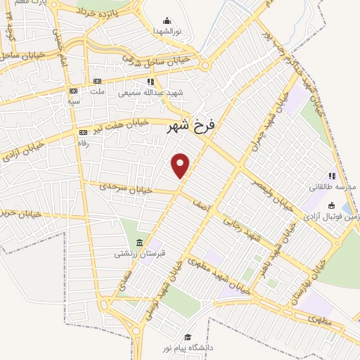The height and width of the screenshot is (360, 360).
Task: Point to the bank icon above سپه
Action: tap(72, 91)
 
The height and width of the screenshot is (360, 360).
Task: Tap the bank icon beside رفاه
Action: tap(84, 132)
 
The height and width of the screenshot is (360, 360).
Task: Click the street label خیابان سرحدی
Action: tap(115, 187)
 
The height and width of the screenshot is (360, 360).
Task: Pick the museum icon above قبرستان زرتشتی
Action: tap(139, 242)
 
